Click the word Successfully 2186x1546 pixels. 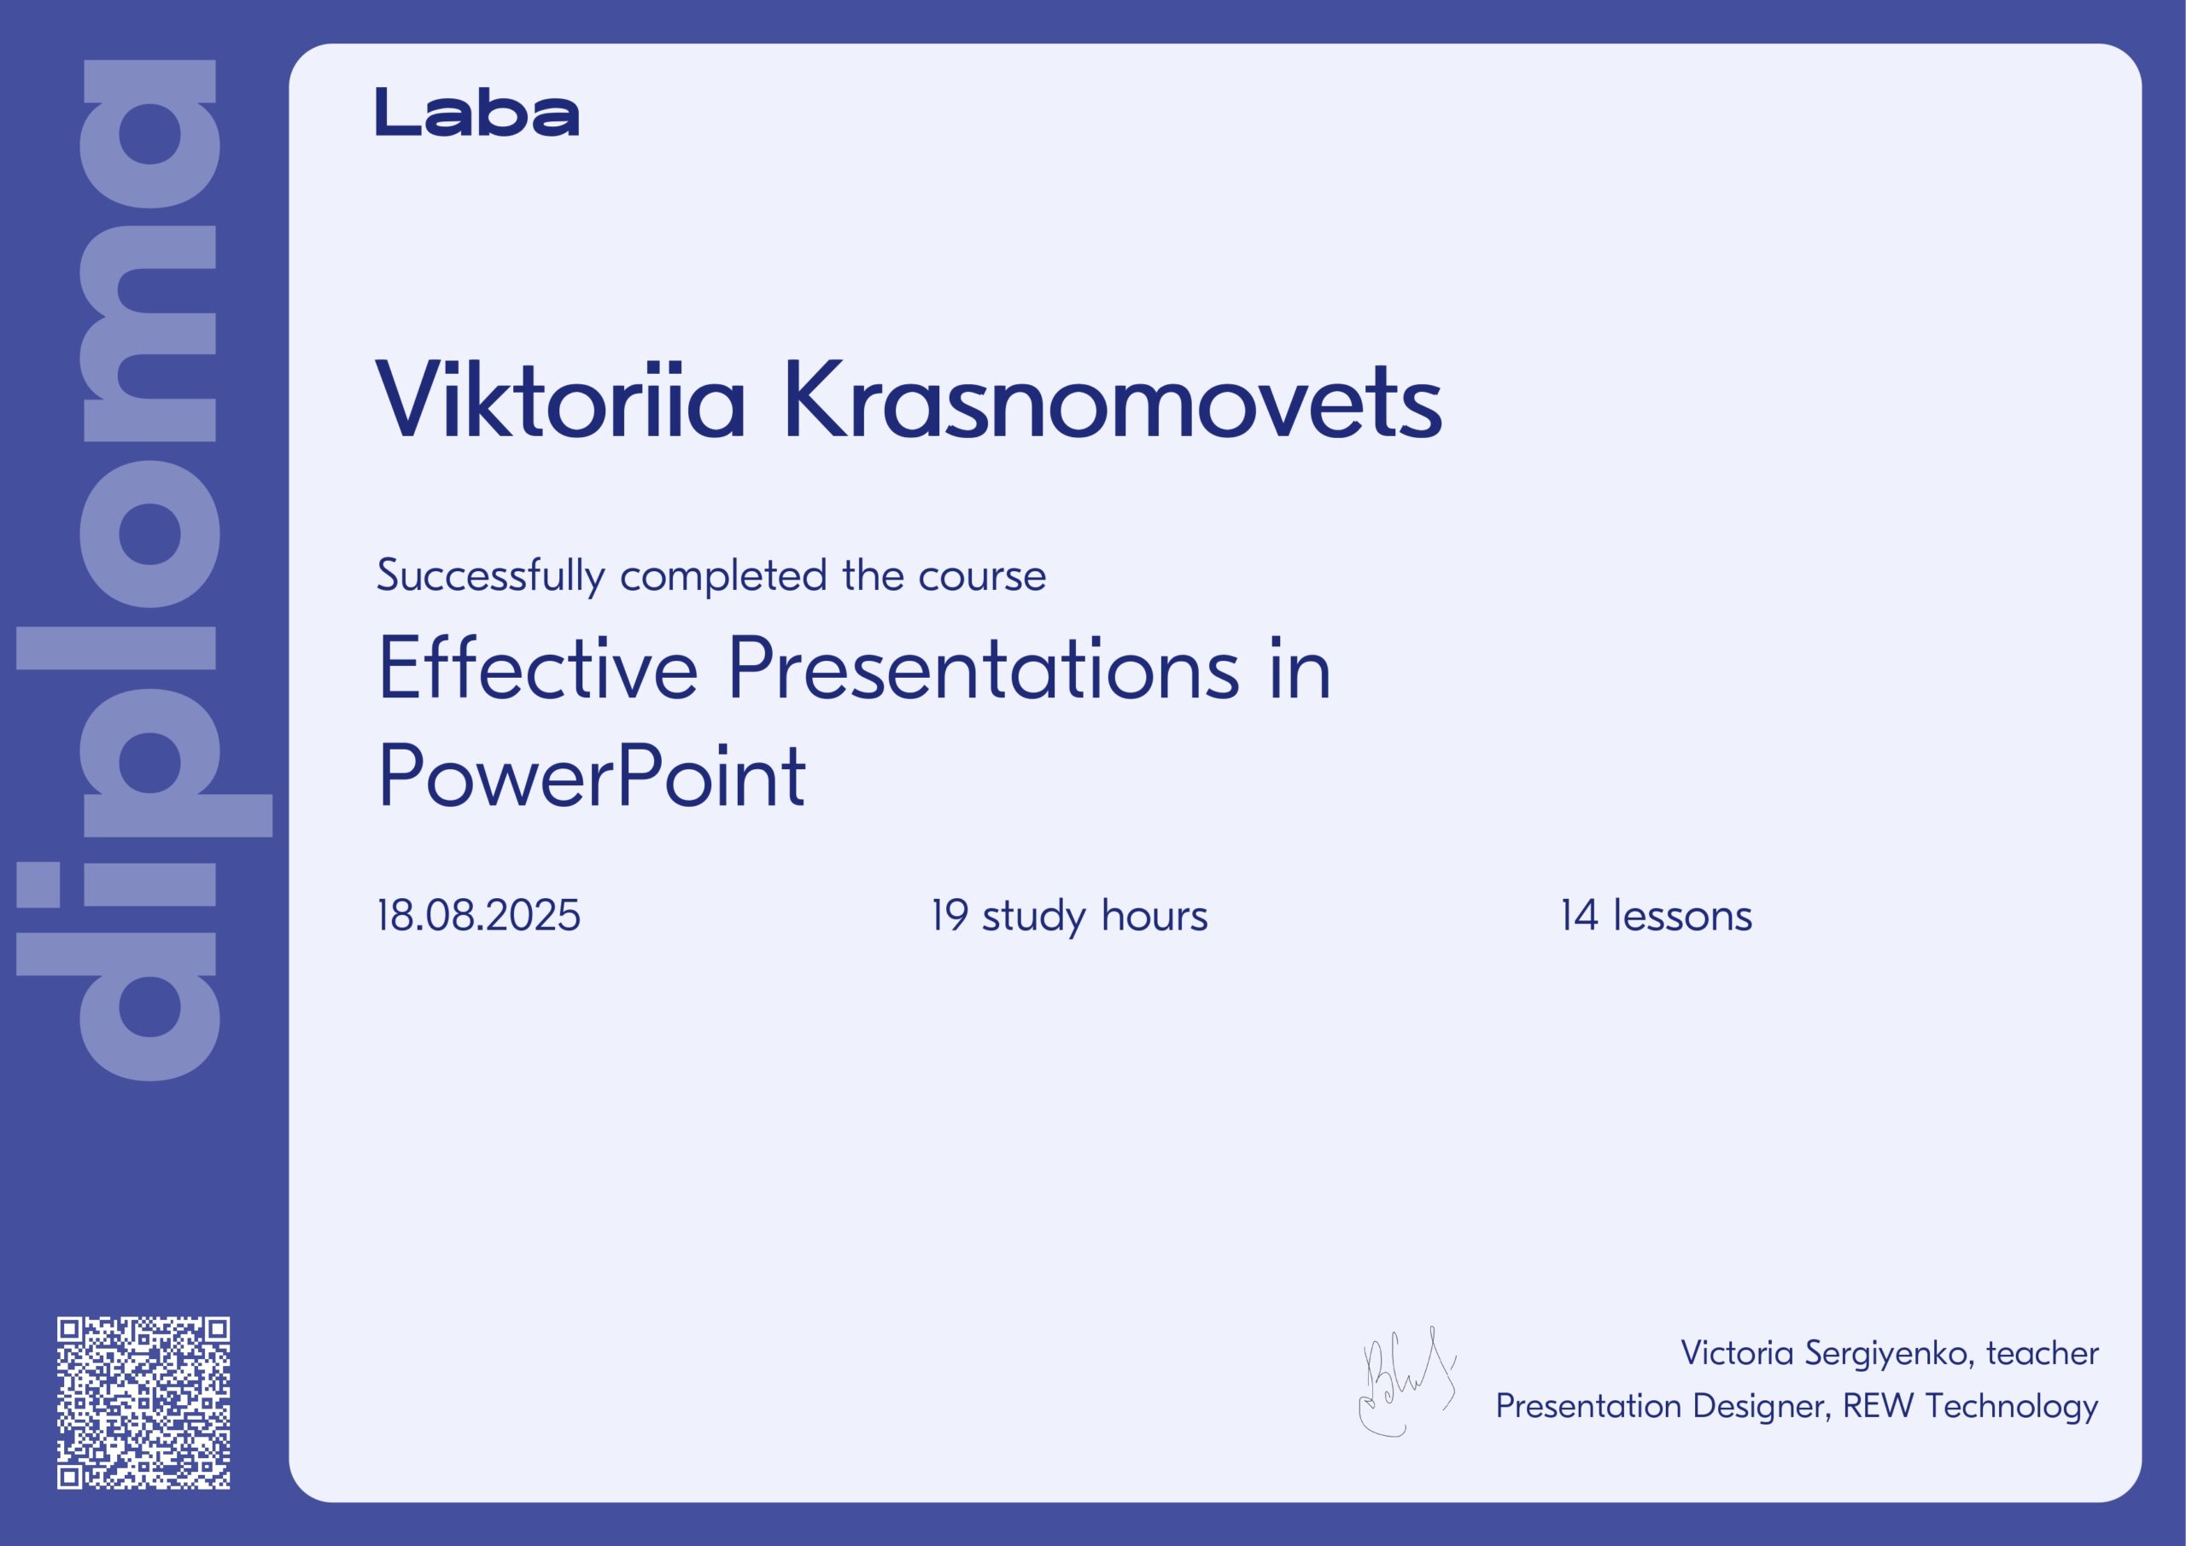(490, 576)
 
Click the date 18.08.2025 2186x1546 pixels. (478, 915)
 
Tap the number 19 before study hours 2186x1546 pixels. (950, 915)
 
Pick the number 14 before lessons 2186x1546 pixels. (1579, 915)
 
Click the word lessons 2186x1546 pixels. (1682, 915)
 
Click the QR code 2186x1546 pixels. (143, 1403)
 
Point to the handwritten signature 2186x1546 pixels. (1406, 1381)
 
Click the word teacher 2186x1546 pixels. (2043, 1353)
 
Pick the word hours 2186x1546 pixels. (1154, 915)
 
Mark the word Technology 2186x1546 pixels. (2012, 1407)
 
